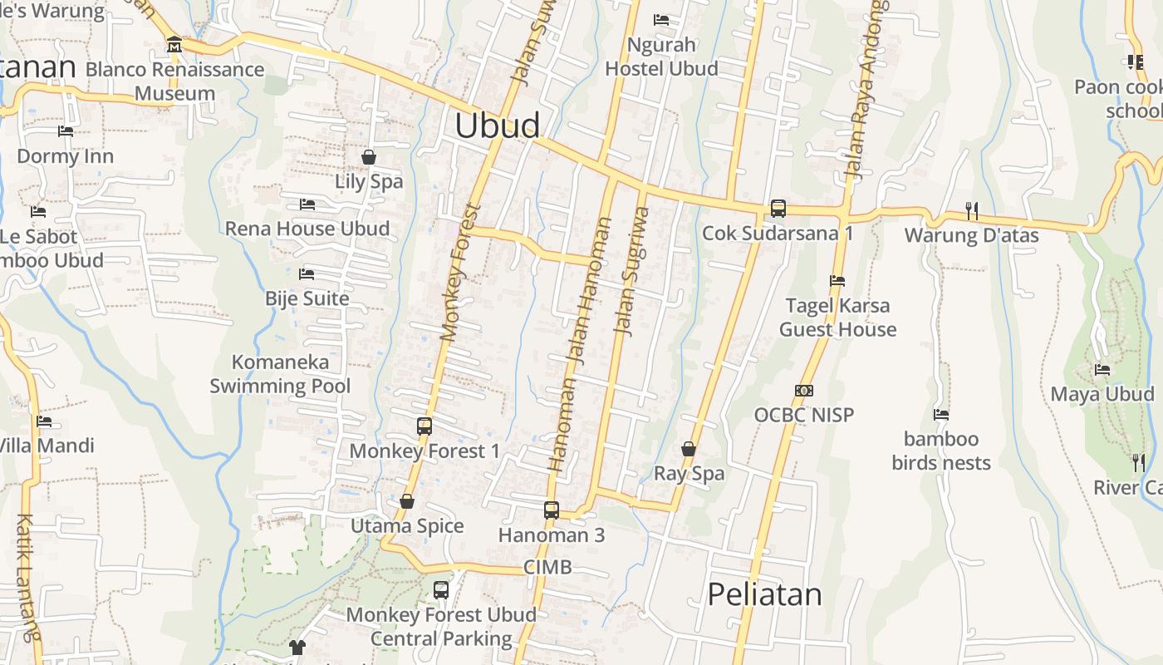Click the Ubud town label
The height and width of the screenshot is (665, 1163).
coord(498,126)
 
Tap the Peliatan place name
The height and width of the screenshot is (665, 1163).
coord(764,594)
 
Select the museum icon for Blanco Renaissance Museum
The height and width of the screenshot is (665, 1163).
coord(174,45)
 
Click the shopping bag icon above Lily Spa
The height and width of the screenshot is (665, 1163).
coord(369,157)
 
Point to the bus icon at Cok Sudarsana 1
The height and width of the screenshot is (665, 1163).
coord(778,209)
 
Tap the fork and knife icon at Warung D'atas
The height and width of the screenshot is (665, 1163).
coord(970,211)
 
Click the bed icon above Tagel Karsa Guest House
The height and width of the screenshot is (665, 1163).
coord(837,281)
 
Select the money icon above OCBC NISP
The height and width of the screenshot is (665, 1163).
coord(803,391)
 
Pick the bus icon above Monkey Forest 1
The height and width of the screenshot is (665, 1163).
coord(424,426)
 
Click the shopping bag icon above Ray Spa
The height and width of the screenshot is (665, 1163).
coord(689,449)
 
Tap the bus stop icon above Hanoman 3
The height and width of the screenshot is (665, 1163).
coord(551,510)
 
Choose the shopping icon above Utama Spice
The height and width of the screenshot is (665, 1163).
coord(407,501)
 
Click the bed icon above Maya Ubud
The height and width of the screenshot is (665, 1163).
coord(1102,370)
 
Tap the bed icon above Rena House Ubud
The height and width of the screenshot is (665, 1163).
coord(307,204)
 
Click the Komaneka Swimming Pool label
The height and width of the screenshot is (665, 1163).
coord(280,374)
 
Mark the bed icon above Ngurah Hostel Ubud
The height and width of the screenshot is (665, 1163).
coord(661,19)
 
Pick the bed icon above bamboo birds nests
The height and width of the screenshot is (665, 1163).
coord(941,414)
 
